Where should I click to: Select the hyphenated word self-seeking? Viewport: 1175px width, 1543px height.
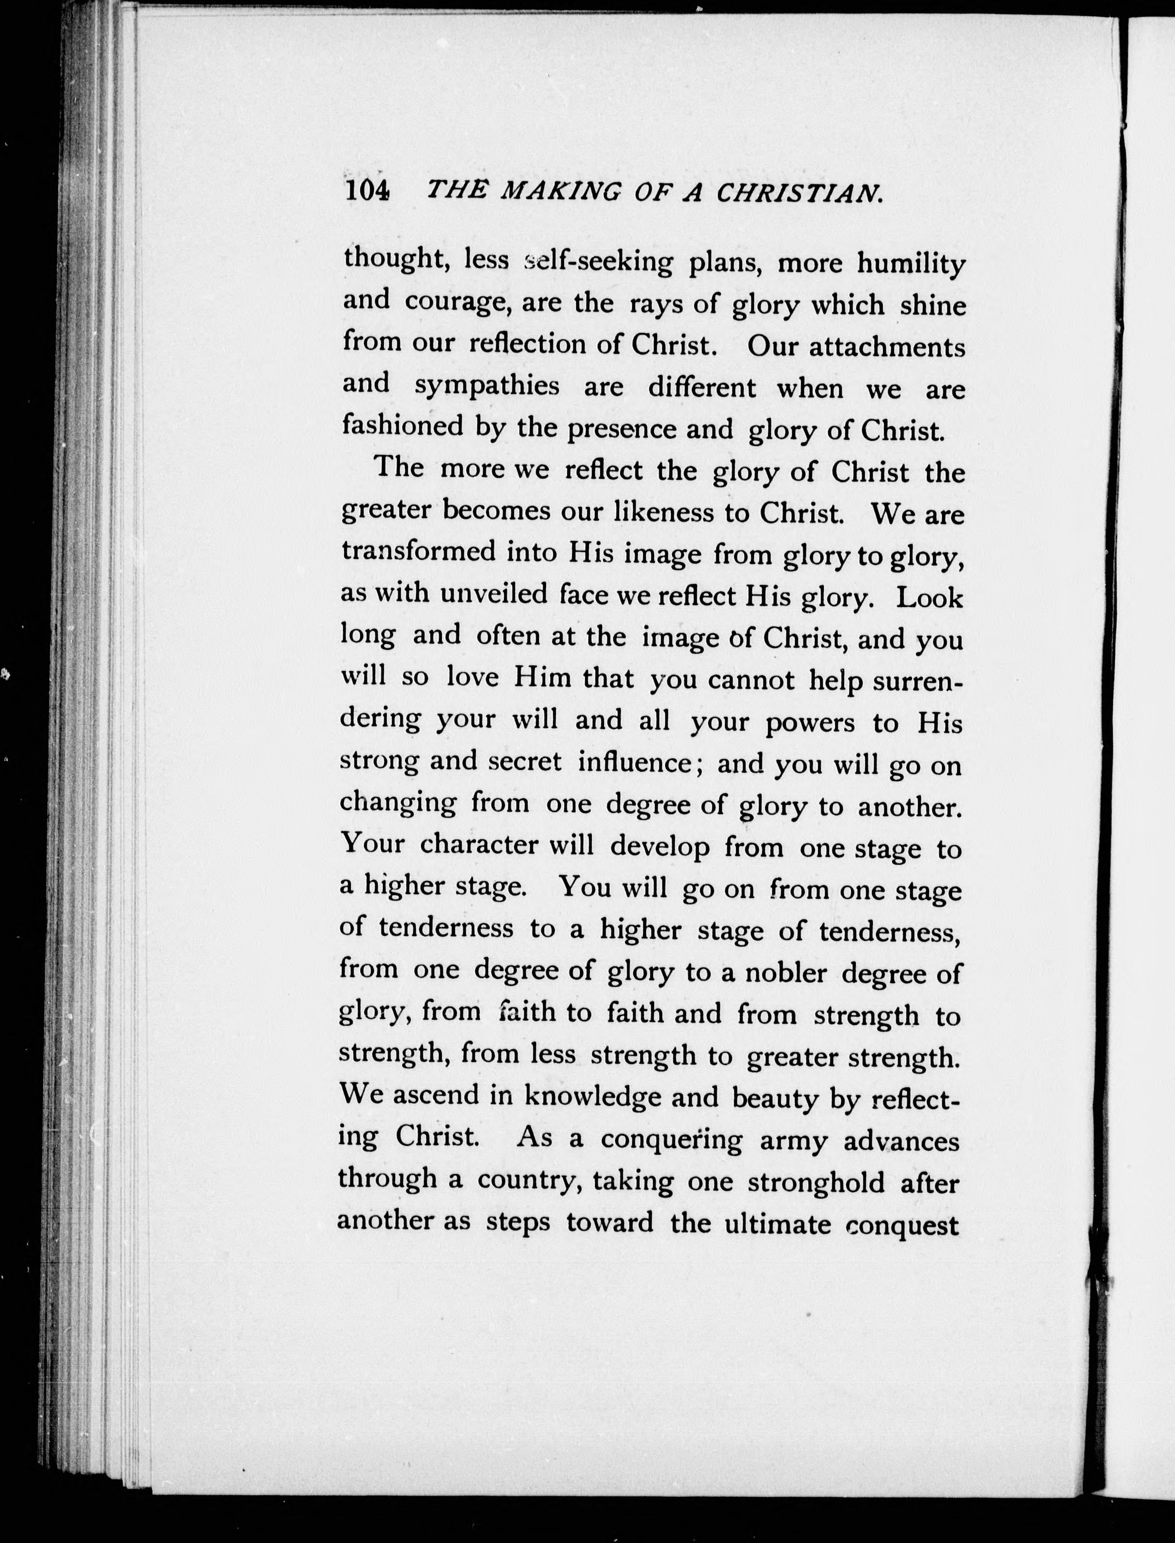pos(598,262)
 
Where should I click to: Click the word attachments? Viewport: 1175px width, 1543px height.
pos(887,347)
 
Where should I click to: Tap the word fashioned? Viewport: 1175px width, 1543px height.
pos(402,425)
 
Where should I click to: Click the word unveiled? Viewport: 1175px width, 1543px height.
pos(494,594)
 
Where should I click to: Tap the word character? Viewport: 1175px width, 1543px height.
pos(479,845)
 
